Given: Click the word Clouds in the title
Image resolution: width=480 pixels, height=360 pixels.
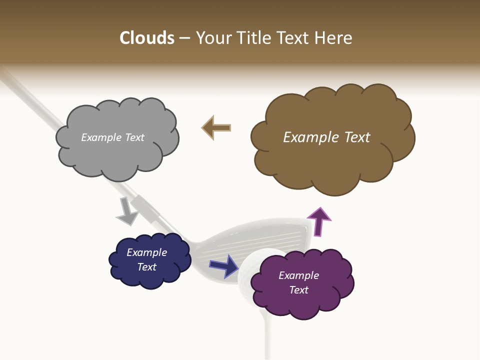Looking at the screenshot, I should (x=147, y=38).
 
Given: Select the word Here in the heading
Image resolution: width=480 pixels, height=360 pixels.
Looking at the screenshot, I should (x=334, y=38).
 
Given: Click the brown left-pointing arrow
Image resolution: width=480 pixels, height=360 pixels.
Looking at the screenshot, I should (x=216, y=128).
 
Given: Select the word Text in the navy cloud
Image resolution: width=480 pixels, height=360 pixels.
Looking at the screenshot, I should (x=147, y=267).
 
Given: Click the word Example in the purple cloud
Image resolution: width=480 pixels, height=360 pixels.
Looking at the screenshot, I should (x=298, y=275).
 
